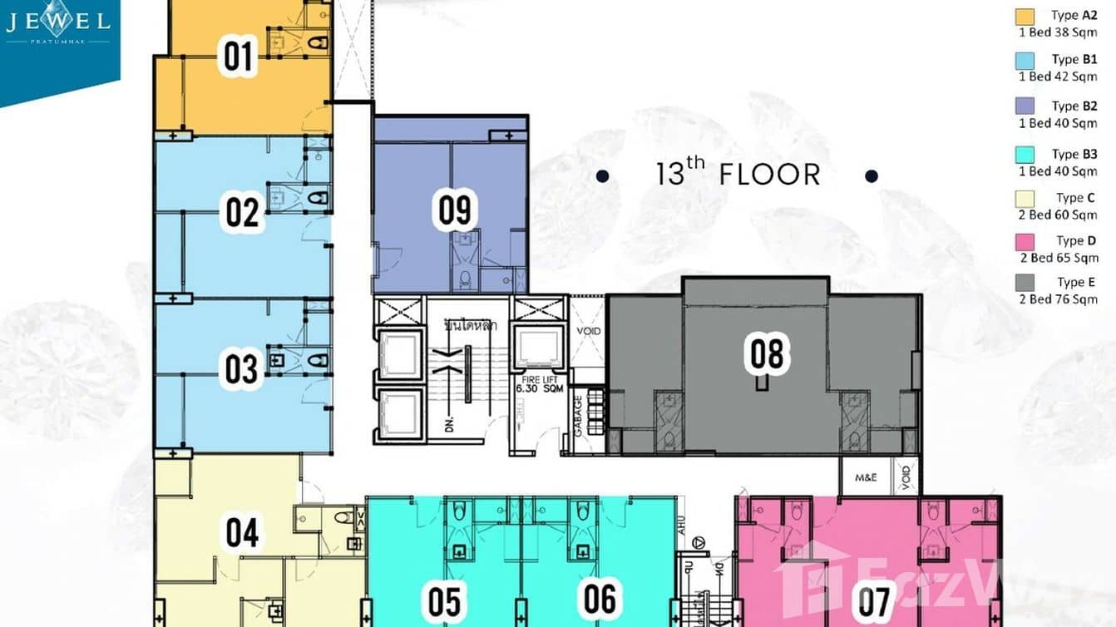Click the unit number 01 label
(x=239, y=57)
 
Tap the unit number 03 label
(x=242, y=370)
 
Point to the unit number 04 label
(x=242, y=533)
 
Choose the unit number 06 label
(x=600, y=599)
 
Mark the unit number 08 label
(x=766, y=353)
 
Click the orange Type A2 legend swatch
(x=1024, y=17)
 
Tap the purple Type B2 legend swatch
(x=1024, y=106)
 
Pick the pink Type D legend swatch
(x=1024, y=242)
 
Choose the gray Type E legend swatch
(x=1024, y=284)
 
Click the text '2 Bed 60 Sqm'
(x=1058, y=215)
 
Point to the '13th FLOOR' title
(x=738, y=175)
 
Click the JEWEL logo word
(x=58, y=22)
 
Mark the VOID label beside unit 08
(x=589, y=331)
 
